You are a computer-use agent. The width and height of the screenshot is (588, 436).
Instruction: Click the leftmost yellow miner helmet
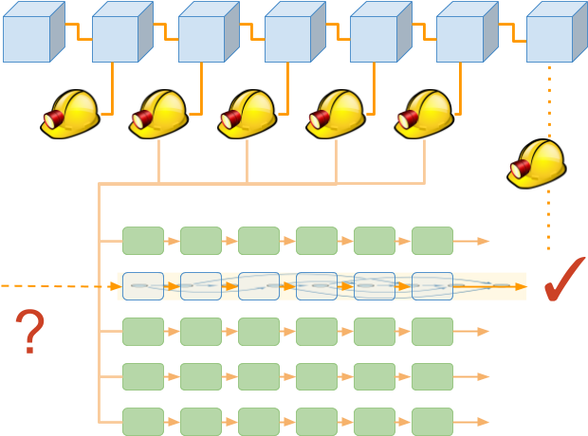tap(69, 115)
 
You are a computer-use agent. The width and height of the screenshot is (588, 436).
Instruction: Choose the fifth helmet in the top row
tap(424, 115)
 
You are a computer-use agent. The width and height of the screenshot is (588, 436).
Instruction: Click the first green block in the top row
tap(143, 241)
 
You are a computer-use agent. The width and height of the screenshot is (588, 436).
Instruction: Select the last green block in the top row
tap(432, 241)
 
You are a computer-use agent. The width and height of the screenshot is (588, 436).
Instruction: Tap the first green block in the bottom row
tap(143, 421)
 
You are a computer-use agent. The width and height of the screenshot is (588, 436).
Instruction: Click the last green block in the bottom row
tap(432, 421)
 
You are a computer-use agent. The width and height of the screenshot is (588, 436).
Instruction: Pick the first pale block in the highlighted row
tap(143, 286)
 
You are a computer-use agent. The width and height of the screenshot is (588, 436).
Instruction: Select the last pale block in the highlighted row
tap(432, 286)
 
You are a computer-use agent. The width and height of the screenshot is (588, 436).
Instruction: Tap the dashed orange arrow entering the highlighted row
tap(57, 285)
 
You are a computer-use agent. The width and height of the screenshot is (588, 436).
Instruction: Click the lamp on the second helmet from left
tap(143, 119)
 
